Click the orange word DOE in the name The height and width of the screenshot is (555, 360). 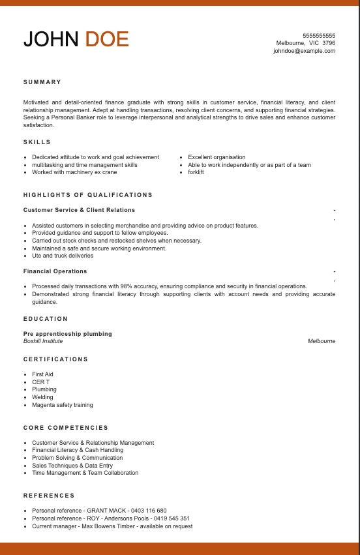[x=107, y=39]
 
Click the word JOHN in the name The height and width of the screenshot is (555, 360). [x=51, y=39]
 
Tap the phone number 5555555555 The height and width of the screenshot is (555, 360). [x=319, y=35]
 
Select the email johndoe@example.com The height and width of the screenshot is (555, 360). [x=304, y=51]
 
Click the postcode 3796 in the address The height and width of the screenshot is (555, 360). [x=329, y=43]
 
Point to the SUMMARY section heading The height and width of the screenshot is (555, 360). [x=42, y=82]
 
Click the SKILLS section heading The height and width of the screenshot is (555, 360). [x=37, y=142]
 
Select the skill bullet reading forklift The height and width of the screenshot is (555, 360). [x=196, y=172]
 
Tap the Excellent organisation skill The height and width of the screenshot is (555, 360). [x=217, y=157]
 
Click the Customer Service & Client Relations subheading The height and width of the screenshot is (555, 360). [x=79, y=210]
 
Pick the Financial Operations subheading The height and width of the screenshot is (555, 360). [x=55, y=271]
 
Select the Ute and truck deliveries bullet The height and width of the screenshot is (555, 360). [x=63, y=256]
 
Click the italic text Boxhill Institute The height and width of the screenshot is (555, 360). [x=43, y=341]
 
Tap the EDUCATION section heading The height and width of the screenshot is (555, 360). [x=46, y=319]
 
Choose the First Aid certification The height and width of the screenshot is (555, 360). [x=42, y=374]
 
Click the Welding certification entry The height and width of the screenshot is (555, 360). [x=42, y=397]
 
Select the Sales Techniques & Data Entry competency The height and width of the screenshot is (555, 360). [x=72, y=466]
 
